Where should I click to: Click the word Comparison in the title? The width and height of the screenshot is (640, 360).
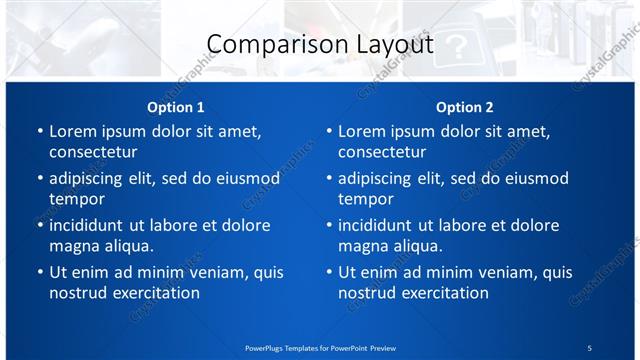point(262,45)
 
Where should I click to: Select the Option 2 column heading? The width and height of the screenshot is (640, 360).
point(465,107)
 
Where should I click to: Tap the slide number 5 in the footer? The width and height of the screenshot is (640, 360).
point(590,347)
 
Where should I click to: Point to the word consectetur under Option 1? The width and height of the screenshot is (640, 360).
point(93,152)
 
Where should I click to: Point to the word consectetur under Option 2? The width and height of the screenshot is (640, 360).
point(382,152)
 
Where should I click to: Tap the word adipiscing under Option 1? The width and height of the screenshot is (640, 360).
point(92,178)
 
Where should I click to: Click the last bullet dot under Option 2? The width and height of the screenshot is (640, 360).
point(329,272)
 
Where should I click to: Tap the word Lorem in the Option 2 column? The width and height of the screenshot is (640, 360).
point(362,131)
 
